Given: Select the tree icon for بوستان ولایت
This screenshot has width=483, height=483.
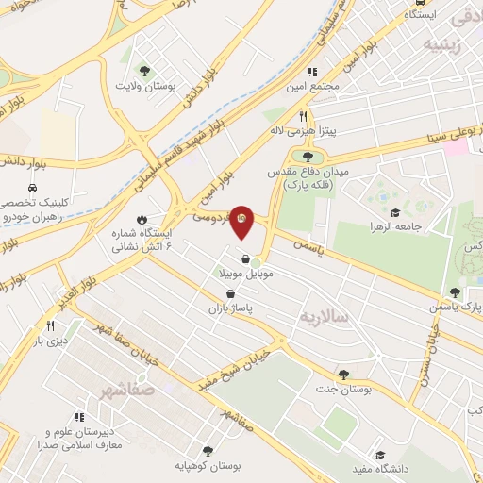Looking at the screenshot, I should coord(144,71).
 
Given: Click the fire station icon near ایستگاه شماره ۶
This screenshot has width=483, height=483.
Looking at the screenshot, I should coord(141,219).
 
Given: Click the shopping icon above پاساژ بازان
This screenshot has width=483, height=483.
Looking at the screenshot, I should coord(231,293).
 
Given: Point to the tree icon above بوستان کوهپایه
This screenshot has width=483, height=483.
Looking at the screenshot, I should coord(207,452).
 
